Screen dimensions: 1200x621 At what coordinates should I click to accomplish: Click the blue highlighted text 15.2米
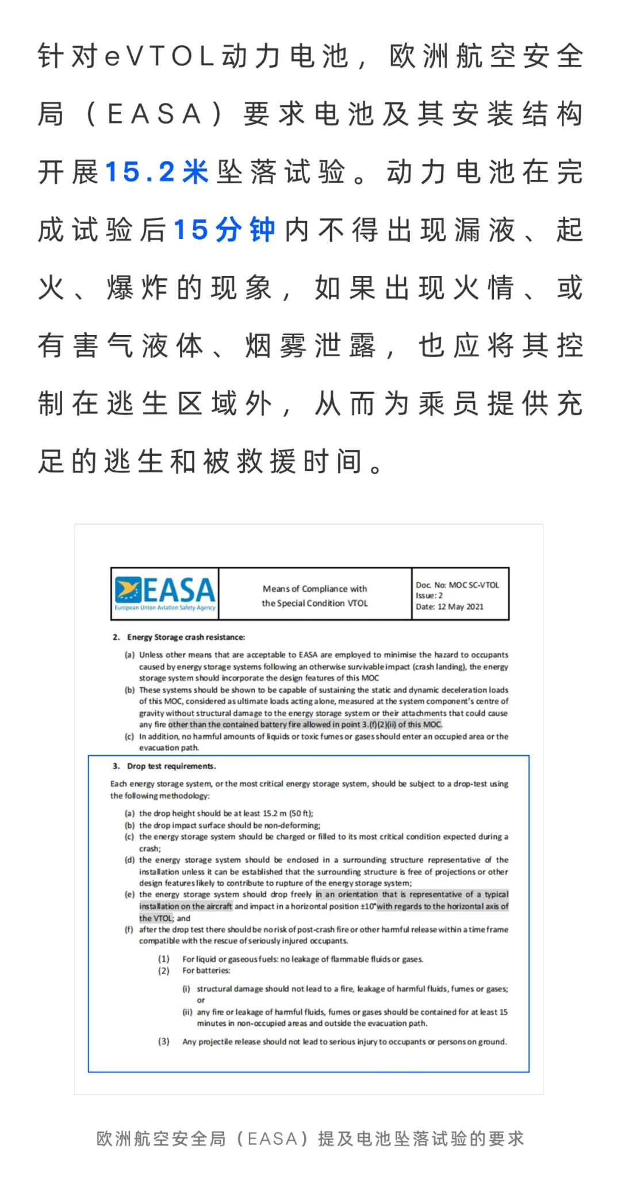(x=156, y=172)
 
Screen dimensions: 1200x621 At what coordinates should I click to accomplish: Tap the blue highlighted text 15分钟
(x=224, y=230)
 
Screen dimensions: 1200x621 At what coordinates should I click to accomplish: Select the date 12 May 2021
(x=461, y=606)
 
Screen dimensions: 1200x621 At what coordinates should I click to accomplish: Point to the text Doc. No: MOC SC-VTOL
(x=457, y=585)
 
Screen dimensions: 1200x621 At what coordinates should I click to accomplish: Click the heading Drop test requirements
(x=171, y=766)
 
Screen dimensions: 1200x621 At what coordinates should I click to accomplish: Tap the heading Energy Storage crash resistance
(x=186, y=637)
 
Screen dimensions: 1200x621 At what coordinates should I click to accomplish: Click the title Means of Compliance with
(x=315, y=589)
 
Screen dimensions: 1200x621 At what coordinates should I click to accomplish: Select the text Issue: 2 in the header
(x=429, y=595)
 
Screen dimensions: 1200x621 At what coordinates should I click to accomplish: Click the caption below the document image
(x=310, y=1139)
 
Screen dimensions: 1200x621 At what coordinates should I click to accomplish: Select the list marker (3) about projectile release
(x=164, y=1041)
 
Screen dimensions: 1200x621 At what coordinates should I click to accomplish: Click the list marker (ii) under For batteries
(x=186, y=1011)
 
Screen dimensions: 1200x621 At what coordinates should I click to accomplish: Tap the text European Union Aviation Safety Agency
(x=165, y=607)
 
